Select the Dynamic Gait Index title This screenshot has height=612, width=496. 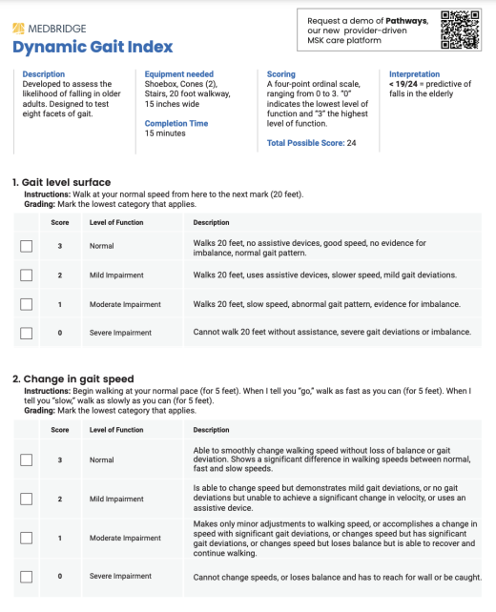tap(93, 47)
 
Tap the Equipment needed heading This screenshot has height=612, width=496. tap(179, 74)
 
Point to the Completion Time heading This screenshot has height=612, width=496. tap(176, 123)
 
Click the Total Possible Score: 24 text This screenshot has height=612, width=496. tap(312, 143)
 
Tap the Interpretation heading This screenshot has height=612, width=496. tap(415, 74)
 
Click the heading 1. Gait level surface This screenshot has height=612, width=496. tap(61, 182)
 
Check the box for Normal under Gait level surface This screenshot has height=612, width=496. tap(27, 247)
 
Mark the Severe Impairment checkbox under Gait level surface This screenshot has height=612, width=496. tap(27, 333)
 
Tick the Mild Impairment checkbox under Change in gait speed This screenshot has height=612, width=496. tap(27, 499)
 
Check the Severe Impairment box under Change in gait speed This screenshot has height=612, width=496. tap(27, 576)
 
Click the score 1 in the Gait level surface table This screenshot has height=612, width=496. tap(60, 304)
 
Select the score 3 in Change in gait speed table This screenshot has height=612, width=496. tap(60, 459)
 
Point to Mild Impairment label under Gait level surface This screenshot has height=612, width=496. tap(116, 275)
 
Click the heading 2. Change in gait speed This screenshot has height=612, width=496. tap(72, 378)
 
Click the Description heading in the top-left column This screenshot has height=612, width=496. tap(43, 74)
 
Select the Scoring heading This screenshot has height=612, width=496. tap(281, 74)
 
